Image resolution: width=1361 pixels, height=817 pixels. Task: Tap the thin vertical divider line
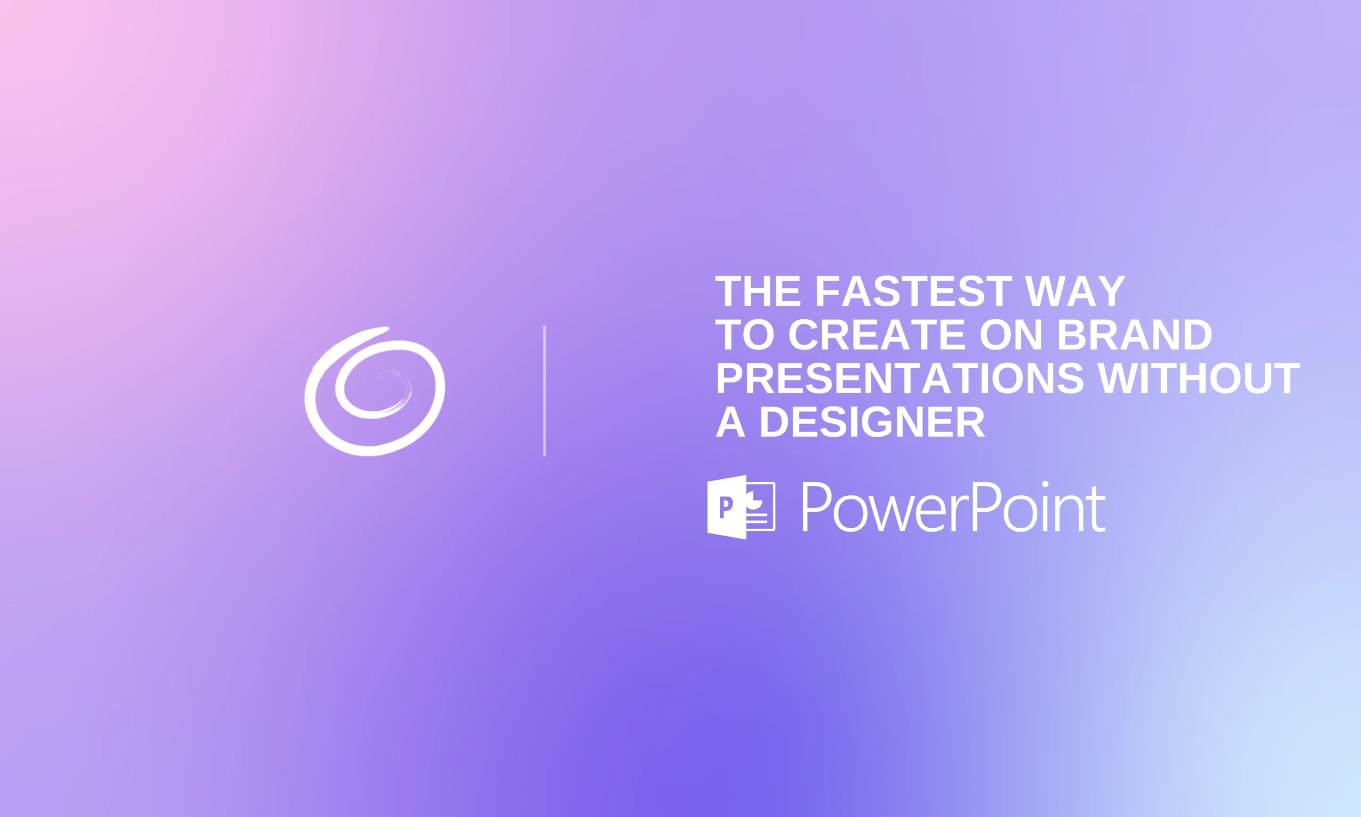pos(544,391)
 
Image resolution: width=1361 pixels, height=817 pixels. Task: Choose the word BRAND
pos(1135,335)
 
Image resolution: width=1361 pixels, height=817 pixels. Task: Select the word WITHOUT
pos(1199,378)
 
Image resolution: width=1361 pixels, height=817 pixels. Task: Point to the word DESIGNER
pos(872,422)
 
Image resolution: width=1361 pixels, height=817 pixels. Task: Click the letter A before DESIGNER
pos(730,422)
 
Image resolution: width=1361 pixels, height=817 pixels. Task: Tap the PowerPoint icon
pos(741,507)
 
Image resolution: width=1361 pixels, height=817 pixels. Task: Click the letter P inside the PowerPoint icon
pos(726,506)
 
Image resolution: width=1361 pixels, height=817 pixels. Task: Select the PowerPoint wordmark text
pos(953,507)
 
